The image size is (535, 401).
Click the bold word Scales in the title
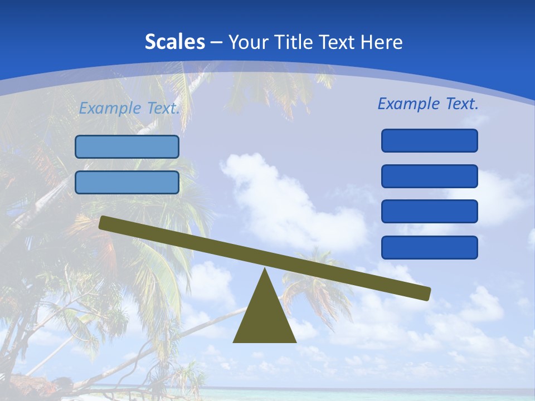pyautogui.click(x=174, y=42)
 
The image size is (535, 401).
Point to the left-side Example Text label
pyautogui.click(x=129, y=108)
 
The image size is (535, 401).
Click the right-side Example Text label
pyautogui.click(x=428, y=104)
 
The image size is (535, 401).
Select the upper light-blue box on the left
pyautogui.click(x=127, y=146)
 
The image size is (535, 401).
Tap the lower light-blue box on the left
pyautogui.click(x=127, y=182)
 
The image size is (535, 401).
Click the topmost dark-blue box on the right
pyautogui.click(x=430, y=140)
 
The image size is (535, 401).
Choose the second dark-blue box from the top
pyautogui.click(x=430, y=176)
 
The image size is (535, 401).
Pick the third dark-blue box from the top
pyautogui.click(x=430, y=212)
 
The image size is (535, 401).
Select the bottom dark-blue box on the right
pyautogui.click(x=430, y=247)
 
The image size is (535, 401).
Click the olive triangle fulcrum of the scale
pyautogui.click(x=265, y=317)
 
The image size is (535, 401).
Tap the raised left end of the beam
pyautogui.click(x=104, y=223)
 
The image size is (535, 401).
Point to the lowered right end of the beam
pyautogui.click(x=425, y=293)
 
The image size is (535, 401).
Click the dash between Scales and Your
pyautogui.click(x=216, y=42)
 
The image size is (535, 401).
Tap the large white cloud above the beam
pyautogui.click(x=279, y=195)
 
